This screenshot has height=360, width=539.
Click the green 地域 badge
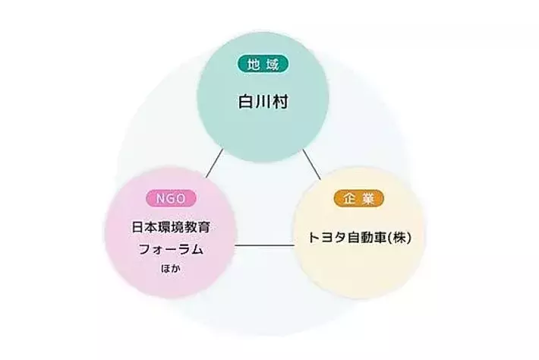(263, 64)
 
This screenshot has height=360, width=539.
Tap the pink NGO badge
(171, 198)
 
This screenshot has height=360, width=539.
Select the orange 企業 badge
(359, 198)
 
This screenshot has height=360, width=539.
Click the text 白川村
(263, 102)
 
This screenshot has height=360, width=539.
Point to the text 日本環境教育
(171, 227)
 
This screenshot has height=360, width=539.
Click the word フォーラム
(171, 249)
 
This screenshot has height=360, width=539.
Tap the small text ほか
(171, 268)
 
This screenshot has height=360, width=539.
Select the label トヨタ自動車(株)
(359, 238)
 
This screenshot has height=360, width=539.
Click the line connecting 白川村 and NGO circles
(215, 163)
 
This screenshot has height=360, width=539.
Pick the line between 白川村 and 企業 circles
(312, 164)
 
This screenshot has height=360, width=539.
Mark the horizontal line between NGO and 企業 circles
(265, 245)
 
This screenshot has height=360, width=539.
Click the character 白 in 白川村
(246, 102)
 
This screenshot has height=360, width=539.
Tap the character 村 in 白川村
(280, 102)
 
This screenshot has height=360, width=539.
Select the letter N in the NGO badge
(160, 198)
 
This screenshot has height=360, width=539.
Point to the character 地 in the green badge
(254, 64)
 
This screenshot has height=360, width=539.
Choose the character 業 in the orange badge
(368, 198)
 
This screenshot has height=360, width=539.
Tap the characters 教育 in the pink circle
(197, 227)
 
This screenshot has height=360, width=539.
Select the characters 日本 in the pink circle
(145, 227)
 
